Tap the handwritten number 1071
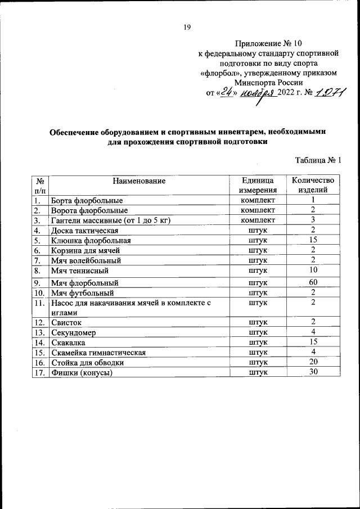coord(330,93)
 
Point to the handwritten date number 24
coord(227,93)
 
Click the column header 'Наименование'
coord(138,181)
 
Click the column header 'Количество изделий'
coord(312,185)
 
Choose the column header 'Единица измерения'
coord(258,185)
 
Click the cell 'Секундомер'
coord(74,332)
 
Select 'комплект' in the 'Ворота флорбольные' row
coord(258,210)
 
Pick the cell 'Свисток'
coord(66,322)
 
